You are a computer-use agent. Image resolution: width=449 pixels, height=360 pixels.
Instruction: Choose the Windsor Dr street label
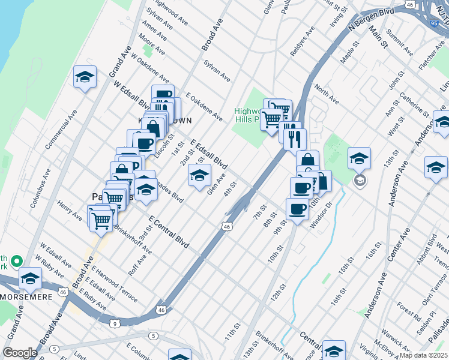click(x=321, y=215)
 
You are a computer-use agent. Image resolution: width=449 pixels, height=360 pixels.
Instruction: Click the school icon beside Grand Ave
click(x=85, y=76)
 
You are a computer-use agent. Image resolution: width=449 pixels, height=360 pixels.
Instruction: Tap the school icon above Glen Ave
click(x=199, y=175)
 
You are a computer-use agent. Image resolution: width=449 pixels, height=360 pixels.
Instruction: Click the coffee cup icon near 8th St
click(x=297, y=209)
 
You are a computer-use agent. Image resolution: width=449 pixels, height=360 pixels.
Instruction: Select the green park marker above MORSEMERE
click(x=17, y=262)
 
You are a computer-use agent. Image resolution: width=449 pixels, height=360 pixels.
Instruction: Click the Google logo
click(x=20, y=352)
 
